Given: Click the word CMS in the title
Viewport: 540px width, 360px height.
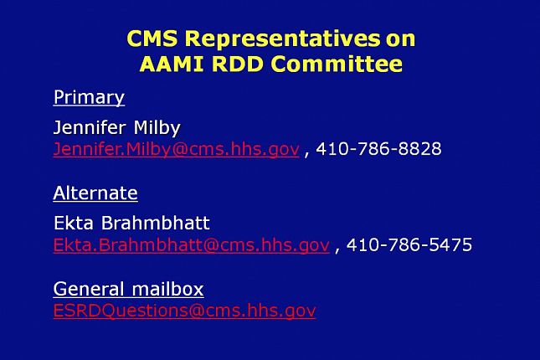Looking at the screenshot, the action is pyautogui.click(x=152, y=39).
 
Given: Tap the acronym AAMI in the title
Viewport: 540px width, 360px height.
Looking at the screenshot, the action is pyautogui.click(x=172, y=64).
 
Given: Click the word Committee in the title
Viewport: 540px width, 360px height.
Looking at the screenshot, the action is pyautogui.click(x=337, y=64).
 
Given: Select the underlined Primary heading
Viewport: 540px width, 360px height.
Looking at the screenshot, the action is pyautogui.click(x=89, y=97).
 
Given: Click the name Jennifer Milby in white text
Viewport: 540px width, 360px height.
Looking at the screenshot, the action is pyautogui.click(x=117, y=128).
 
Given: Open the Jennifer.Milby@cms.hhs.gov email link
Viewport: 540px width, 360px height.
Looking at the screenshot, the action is pyautogui.click(x=177, y=149).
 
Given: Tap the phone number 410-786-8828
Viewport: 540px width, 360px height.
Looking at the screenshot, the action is pyautogui.click(x=378, y=149).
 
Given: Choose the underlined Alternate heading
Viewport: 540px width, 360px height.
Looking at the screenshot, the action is pyautogui.click(x=95, y=193).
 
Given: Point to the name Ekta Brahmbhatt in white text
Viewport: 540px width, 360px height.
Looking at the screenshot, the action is pyautogui.click(x=131, y=223).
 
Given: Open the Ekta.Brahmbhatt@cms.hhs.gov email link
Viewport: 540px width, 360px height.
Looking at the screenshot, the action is pyautogui.click(x=192, y=245).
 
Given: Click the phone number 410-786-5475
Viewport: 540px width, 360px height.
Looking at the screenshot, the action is pyautogui.click(x=409, y=244).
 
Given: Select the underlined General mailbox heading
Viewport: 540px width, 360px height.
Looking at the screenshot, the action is pyautogui.click(x=128, y=289).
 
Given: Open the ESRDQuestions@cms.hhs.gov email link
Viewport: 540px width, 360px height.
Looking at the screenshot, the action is pyautogui.click(x=184, y=311).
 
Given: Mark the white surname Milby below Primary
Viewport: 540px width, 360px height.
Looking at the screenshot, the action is pyautogui.click(x=157, y=128).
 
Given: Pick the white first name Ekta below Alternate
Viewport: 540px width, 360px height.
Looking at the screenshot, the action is pyautogui.click(x=74, y=223).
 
